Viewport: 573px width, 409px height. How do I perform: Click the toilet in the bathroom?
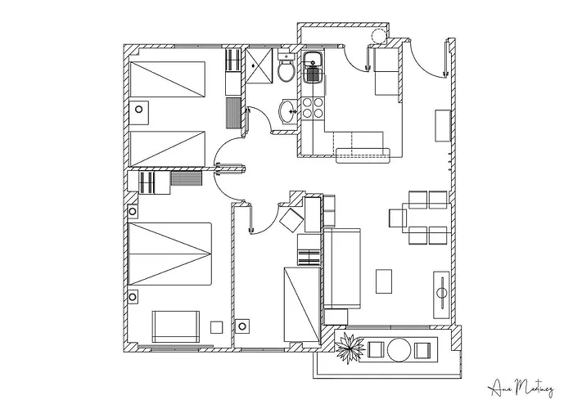point(285,70)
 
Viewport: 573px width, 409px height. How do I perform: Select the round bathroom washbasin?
point(288,110)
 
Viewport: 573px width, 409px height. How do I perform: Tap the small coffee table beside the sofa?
point(384,281)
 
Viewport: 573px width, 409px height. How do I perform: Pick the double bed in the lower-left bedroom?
point(169,252)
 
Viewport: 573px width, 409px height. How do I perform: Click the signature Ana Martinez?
point(518,384)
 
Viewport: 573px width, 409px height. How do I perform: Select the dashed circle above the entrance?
point(378,35)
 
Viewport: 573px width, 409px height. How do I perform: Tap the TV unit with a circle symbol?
point(440,291)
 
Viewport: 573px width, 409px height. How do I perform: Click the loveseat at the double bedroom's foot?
point(175,326)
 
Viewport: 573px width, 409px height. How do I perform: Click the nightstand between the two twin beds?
point(139,108)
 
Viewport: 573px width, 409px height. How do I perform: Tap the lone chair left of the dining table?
point(398,218)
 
